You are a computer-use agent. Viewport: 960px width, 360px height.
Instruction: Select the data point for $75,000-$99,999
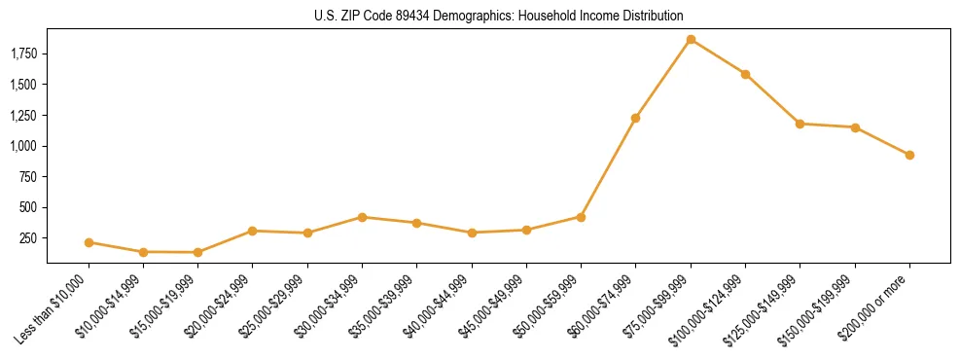pos(691,40)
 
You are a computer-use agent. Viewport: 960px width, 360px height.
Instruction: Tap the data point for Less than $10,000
pos(89,242)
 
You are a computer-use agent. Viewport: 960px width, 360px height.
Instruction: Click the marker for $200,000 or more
pos(909,155)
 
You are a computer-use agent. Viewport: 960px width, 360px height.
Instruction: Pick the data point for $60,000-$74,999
pos(635,118)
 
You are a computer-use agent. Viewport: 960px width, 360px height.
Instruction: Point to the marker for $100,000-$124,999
pos(745,74)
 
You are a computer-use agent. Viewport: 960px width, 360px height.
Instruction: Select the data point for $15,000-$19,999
pos(197,252)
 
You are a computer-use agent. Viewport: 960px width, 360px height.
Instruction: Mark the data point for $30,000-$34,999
pos(362,217)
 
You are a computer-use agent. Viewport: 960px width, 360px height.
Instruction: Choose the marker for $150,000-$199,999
pos(855,127)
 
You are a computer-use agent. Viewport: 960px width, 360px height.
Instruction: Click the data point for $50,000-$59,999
pos(581,217)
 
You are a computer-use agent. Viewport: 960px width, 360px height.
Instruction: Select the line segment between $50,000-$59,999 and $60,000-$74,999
pos(608,167)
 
